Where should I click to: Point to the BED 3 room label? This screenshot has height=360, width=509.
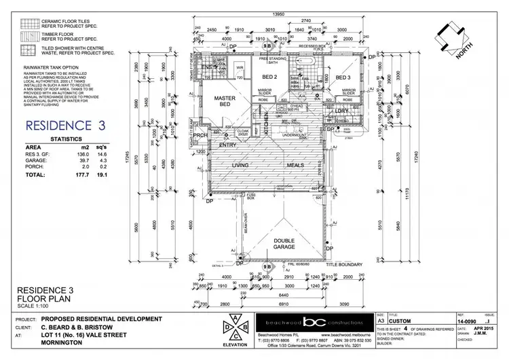click(342, 78)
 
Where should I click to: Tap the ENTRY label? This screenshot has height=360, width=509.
click(228, 144)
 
